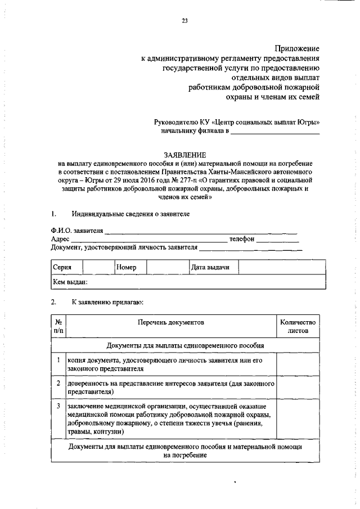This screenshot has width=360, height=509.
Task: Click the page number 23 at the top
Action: pyautogui.click(x=184, y=21)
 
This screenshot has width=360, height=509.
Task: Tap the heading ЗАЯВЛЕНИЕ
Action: pyautogui.click(x=184, y=154)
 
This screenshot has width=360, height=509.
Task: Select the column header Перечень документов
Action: pyautogui.click(x=173, y=322)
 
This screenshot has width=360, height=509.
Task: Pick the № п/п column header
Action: pyautogui.click(x=58, y=327)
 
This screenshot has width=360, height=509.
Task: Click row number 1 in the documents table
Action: pyautogui.click(x=58, y=359)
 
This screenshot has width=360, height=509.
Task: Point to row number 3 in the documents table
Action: pyautogui.click(x=58, y=405)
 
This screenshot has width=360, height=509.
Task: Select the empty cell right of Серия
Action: pyautogui.click(x=98, y=267)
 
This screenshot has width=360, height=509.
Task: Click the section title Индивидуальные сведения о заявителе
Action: pyautogui.click(x=130, y=214)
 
